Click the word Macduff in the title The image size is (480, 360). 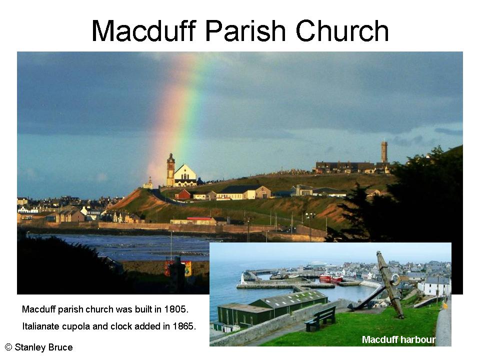pos(143,30)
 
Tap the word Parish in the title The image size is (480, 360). pos(245,30)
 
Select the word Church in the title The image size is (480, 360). pos(342,30)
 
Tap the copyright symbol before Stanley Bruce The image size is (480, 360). pos(8,347)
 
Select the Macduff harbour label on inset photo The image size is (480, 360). pos(398,339)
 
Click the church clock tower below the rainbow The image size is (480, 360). pos(170,170)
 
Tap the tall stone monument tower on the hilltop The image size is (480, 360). pos(384,151)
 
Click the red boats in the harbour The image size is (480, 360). pos(331,278)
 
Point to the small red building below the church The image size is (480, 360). pos(183,194)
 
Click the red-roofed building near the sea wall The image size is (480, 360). pos(200,220)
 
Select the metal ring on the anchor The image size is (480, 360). pos(395,279)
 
